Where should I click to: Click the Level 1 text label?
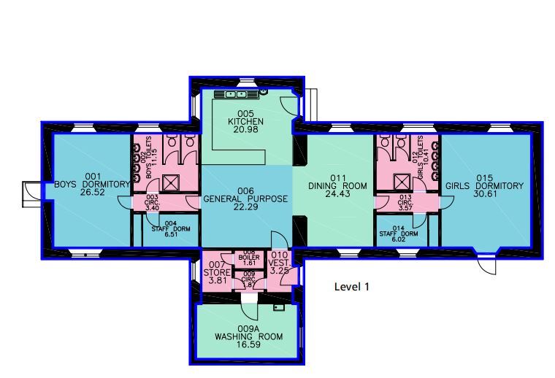tap(351, 287)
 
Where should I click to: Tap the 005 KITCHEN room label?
tap(245, 120)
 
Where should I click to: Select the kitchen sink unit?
tap(237, 94)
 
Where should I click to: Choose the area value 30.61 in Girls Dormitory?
tap(485, 195)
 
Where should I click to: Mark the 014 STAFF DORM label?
tap(399, 232)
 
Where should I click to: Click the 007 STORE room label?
tap(216, 271)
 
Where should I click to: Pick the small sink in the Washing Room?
tap(278, 309)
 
